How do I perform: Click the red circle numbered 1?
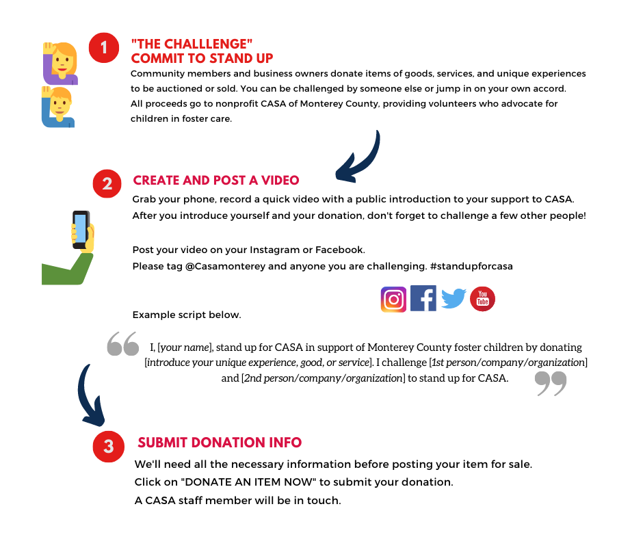[x=104, y=48]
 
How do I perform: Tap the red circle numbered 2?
[x=107, y=183]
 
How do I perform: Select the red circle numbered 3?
[x=108, y=447]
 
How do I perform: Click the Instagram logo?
[x=393, y=300]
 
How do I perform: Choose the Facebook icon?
[x=423, y=299]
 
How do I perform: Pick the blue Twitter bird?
[x=453, y=299]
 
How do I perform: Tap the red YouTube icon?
[x=482, y=299]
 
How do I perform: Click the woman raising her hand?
[x=61, y=64]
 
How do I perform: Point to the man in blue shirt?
[x=58, y=107]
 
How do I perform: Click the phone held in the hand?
[x=81, y=228]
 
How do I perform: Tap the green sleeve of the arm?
[x=65, y=271]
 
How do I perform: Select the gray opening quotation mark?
[x=123, y=344]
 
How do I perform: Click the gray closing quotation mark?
[x=551, y=383]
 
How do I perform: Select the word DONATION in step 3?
[x=225, y=443]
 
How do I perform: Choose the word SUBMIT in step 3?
[x=162, y=443]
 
